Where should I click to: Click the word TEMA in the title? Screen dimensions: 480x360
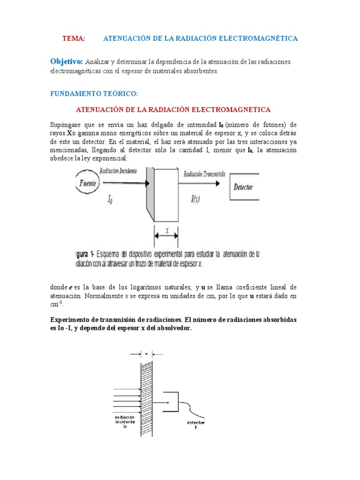[x=73, y=38]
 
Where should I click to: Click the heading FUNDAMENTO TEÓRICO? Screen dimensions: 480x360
[x=94, y=94]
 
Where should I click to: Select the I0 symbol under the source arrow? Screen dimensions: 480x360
[x=110, y=201]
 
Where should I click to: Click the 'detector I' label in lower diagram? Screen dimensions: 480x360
[x=195, y=425]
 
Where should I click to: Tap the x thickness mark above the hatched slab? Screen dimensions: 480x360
[x=146, y=354]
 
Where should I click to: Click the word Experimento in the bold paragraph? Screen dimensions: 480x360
[x=72, y=320]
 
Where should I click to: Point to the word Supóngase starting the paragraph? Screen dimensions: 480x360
[x=66, y=125]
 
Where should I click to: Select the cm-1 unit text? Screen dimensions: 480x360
[x=56, y=304]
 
